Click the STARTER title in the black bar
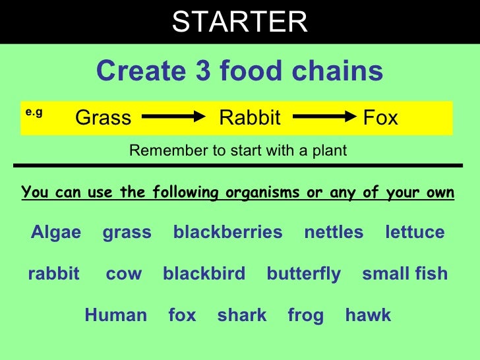pos(239,22)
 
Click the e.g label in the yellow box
pos(34,113)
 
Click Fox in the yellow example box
pos(380,118)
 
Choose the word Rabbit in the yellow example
pos(249,118)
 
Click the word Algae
pos(56,232)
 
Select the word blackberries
pos(227,232)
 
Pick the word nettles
pos(334,232)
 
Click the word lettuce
pos(415,232)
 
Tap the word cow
pos(123,274)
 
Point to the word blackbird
pos(204,274)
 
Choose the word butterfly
pos(304,274)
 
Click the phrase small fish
pos(405,274)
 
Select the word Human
pos(115,315)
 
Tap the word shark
pos(242,315)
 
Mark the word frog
pos(306,316)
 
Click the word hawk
pos(368,315)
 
